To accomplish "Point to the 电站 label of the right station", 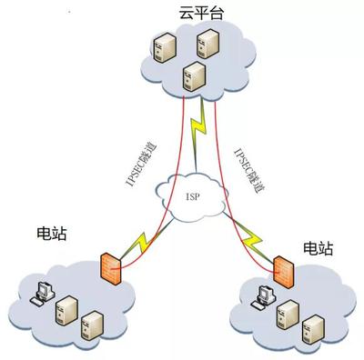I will tap(318, 246).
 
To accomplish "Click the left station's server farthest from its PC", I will tap(91, 325).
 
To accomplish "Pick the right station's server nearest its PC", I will tap(286, 313).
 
